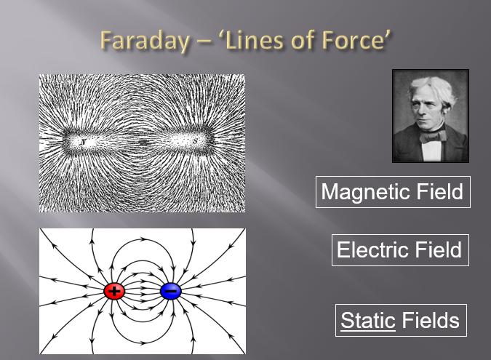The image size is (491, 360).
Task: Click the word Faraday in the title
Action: [x=145, y=41]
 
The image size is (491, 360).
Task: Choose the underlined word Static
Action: [x=368, y=320]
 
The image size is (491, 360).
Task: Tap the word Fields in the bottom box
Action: [x=431, y=320]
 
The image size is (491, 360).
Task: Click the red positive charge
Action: [x=114, y=291]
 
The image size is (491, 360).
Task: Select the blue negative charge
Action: [x=171, y=291]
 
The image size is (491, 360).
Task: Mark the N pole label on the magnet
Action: [x=83, y=142]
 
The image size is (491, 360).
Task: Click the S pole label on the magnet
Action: [x=196, y=142]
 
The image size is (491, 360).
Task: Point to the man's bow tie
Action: [x=434, y=136]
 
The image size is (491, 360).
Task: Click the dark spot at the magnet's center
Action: [x=143, y=143]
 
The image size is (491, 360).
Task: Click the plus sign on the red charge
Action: [x=114, y=291]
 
